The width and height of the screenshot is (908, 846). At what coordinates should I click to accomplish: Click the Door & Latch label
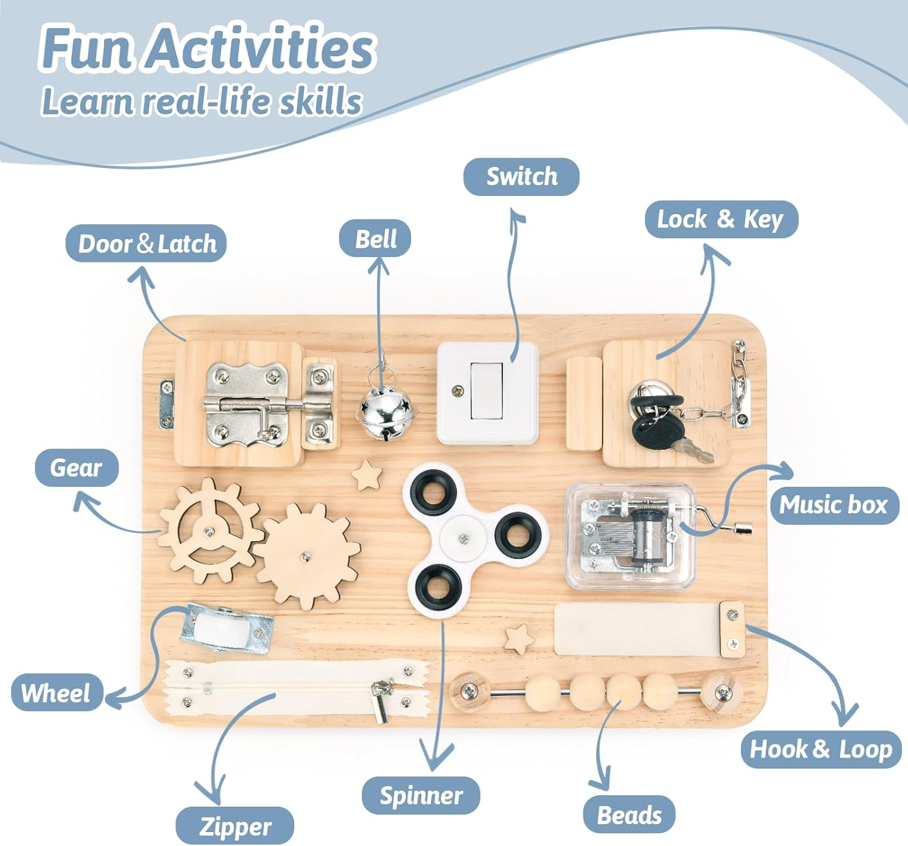point(146,244)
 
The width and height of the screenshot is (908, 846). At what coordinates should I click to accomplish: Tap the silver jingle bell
point(386,414)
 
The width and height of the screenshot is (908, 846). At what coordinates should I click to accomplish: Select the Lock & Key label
point(721,220)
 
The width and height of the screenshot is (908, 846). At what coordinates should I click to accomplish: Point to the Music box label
point(834,505)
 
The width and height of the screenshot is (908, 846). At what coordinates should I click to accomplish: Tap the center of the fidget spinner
point(463,539)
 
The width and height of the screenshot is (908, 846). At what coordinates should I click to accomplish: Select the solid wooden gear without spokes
point(306,556)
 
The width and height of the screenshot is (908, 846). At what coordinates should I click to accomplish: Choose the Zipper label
point(234,827)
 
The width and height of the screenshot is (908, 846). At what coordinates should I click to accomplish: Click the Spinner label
point(421,795)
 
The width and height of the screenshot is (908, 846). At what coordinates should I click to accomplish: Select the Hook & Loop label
point(821,749)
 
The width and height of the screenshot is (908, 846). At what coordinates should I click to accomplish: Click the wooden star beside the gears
point(367,475)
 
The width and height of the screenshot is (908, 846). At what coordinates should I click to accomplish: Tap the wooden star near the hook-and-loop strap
point(520,639)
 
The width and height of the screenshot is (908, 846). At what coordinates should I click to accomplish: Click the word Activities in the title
point(261,48)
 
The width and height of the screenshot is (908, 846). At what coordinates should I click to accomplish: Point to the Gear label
point(76,468)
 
